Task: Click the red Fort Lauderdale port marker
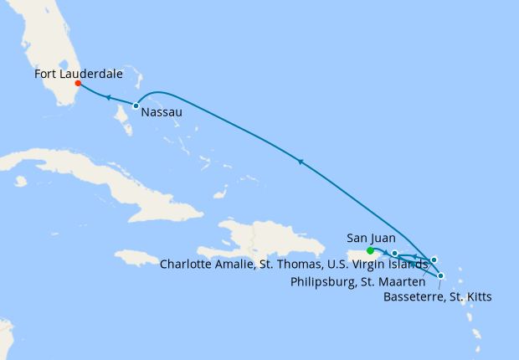(x=77, y=83)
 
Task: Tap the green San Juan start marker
(x=371, y=250)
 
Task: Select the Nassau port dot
(x=136, y=105)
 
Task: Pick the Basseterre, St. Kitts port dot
(x=441, y=275)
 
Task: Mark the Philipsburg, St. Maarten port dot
(x=434, y=260)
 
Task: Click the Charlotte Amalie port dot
(x=395, y=253)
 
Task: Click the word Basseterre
(x=414, y=296)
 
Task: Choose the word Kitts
(x=476, y=296)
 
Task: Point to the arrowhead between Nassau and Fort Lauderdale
(x=108, y=98)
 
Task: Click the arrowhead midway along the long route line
(x=299, y=160)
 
